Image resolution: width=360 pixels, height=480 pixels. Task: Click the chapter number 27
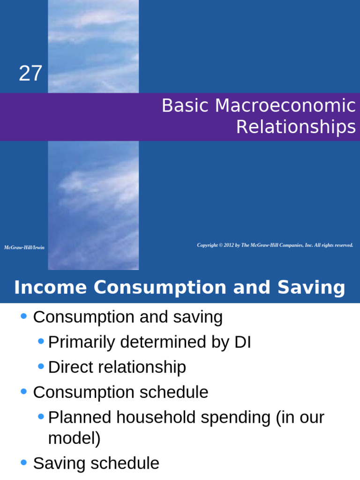(30, 74)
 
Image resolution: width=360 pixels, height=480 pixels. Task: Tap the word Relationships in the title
(296, 127)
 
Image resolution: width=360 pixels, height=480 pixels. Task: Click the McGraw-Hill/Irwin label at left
(24, 247)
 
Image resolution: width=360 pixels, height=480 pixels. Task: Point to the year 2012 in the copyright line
(229, 245)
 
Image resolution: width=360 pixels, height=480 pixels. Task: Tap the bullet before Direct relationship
(41, 367)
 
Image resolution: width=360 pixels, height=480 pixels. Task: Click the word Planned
(79, 417)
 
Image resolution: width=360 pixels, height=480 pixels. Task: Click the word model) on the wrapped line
(74, 438)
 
